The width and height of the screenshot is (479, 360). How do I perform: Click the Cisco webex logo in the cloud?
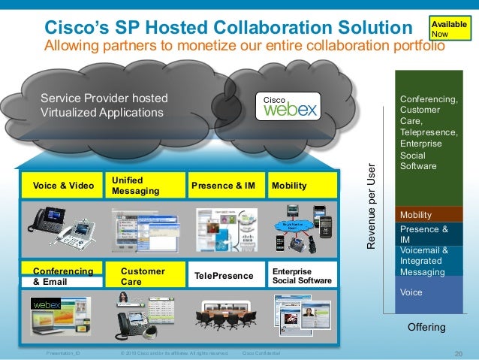point(290,107)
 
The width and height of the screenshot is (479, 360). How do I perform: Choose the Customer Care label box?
point(146,276)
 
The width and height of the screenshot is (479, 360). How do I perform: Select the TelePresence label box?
point(224,276)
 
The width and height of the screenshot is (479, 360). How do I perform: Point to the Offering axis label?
point(426,328)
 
